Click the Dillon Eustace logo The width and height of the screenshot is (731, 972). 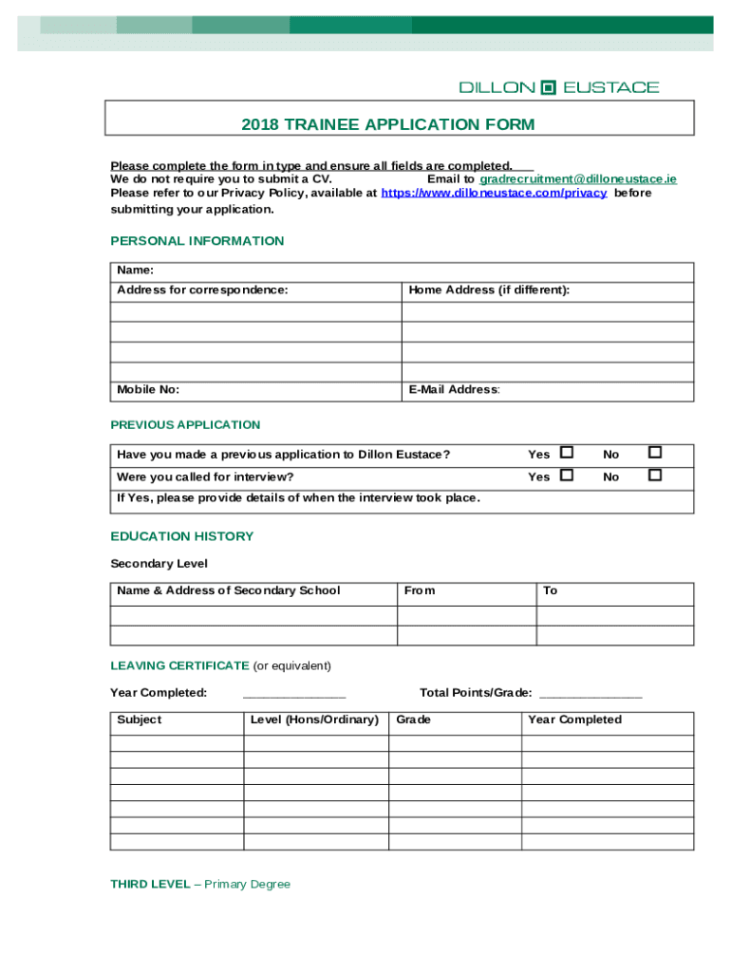(x=558, y=87)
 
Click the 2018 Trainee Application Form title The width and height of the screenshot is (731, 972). (x=387, y=124)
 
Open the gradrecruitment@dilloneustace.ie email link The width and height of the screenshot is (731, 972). (x=577, y=178)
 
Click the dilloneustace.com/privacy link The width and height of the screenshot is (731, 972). (x=494, y=193)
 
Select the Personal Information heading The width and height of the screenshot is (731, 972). (x=197, y=241)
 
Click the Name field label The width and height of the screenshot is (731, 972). (x=136, y=271)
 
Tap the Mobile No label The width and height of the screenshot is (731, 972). (x=148, y=389)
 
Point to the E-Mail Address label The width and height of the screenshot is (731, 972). (x=454, y=389)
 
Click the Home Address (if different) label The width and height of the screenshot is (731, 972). (x=489, y=290)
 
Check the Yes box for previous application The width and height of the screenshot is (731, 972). (x=567, y=453)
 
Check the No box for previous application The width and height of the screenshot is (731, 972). (x=654, y=453)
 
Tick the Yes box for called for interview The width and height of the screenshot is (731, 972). (x=567, y=475)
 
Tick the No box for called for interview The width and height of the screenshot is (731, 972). (x=654, y=475)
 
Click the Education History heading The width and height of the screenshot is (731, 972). (x=181, y=536)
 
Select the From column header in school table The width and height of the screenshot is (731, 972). (x=420, y=590)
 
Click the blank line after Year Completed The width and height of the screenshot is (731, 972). (x=294, y=694)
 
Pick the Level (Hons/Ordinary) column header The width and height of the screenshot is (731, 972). (x=314, y=720)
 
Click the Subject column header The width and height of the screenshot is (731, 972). (x=140, y=720)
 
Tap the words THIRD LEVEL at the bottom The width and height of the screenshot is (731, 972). (x=150, y=884)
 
